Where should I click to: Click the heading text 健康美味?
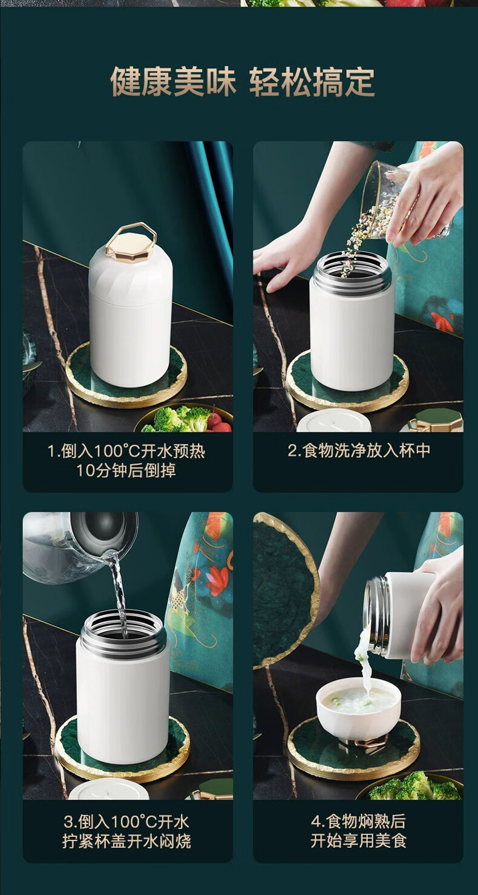tap(173, 82)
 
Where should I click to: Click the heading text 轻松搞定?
tap(312, 82)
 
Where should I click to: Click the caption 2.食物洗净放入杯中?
tap(359, 451)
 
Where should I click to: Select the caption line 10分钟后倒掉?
tap(126, 470)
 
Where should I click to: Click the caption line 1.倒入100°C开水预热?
tap(126, 451)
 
